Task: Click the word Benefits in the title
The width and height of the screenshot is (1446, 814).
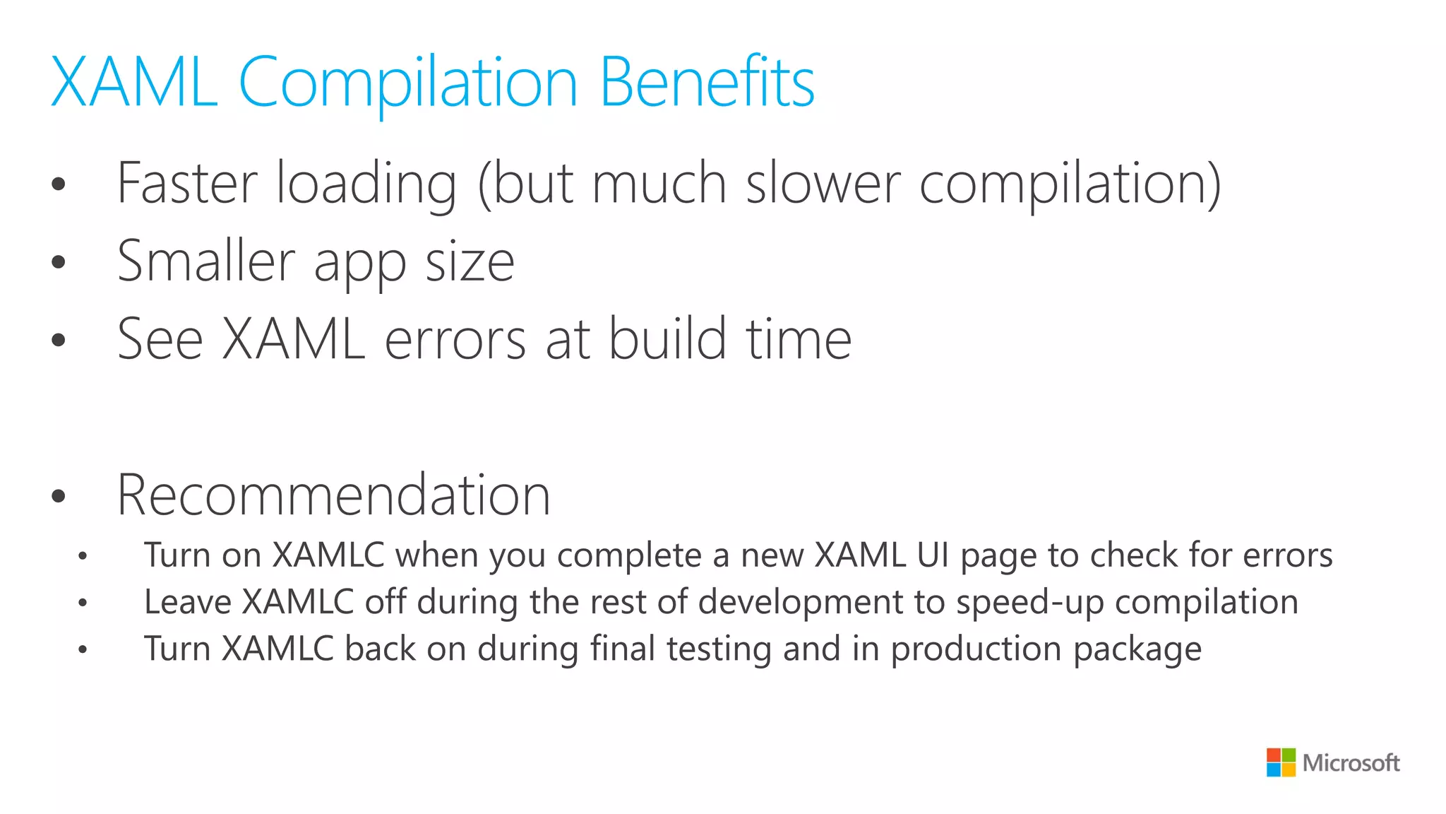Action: coord(707,83)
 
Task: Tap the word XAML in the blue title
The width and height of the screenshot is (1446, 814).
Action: coord(134,83)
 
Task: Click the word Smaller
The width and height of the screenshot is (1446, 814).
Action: coord(205,261)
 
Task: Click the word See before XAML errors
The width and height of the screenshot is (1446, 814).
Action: coord(160,340)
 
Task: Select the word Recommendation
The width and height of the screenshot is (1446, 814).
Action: coord(333,495)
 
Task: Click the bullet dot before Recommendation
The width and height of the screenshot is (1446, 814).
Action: coord(59,496)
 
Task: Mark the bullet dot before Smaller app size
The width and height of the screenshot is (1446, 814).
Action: coord(59,262)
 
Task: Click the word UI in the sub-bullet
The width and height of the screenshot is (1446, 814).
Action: coord(933,555)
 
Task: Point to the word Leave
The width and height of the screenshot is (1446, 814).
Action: coord(188,602)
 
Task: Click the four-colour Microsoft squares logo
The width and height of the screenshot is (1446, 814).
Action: coord(1281,762)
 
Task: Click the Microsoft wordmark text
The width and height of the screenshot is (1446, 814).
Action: coord(1351,763)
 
